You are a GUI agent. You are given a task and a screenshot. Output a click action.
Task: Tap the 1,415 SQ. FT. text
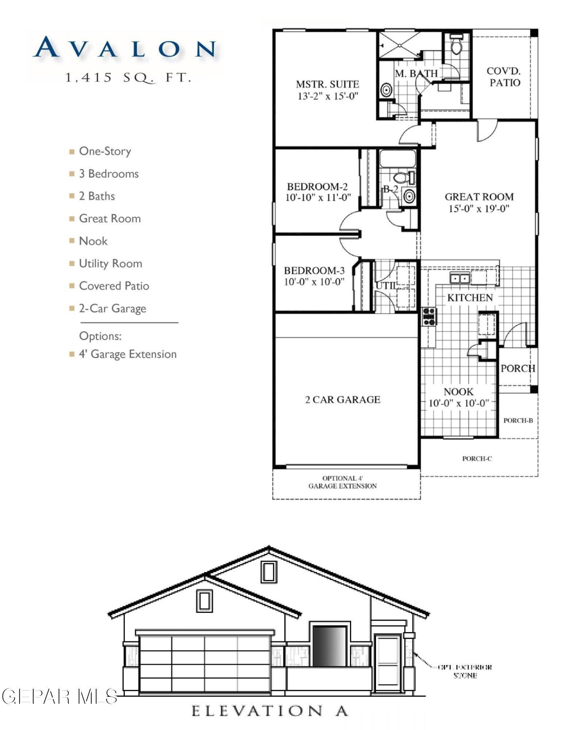click(x=128, y=78)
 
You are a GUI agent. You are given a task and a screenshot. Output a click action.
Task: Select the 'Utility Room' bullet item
click(x=110, y=264)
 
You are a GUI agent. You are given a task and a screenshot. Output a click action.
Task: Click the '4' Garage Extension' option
click(x=127, y=354)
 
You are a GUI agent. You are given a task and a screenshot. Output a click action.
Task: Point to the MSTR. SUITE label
click(x=327, y=84)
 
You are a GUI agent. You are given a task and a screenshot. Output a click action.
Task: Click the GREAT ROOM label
click(x=479, y=197)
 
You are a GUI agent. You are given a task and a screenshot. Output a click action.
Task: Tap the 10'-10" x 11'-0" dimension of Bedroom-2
click(x=318, y=198)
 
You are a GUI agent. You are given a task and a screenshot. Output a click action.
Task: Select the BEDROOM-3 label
click(x=314, y=270)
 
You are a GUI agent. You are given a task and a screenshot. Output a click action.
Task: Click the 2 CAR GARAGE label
click(x=342, y=400)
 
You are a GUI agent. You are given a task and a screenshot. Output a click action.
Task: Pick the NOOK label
click(x=458, y=392)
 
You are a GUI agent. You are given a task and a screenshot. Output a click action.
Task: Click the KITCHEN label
click(x=470, y=297)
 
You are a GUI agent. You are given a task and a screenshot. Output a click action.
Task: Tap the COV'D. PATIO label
click(x=504, y=77)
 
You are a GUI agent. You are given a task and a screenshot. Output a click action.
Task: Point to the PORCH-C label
click(x=477, y=458)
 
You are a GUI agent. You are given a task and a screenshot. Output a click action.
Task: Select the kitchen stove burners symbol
click(x=429, y=316)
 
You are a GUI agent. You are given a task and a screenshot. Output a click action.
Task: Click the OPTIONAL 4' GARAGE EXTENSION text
click(x=342, y=482)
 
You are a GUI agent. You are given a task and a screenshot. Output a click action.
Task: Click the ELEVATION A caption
click(x=269, y=711)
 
